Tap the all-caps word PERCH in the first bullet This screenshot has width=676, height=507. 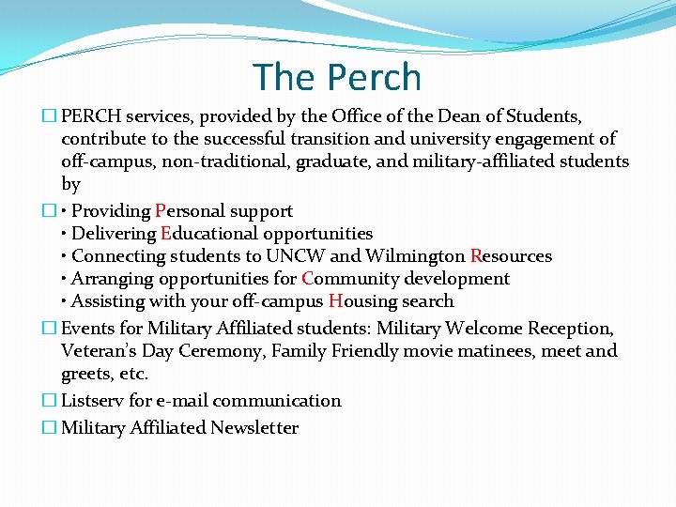click(x=91, y=116)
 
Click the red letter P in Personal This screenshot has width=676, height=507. click(x=161, y=211)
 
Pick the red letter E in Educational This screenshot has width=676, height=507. click(x=166, y=234)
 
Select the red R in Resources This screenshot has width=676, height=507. click(x=476, y=256)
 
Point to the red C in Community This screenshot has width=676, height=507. click(x=308, y=279)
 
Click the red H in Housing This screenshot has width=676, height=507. click(x=334, y=301)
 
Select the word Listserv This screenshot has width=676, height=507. click(x=92, y=401)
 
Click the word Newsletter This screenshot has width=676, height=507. click(x=254, y=428)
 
